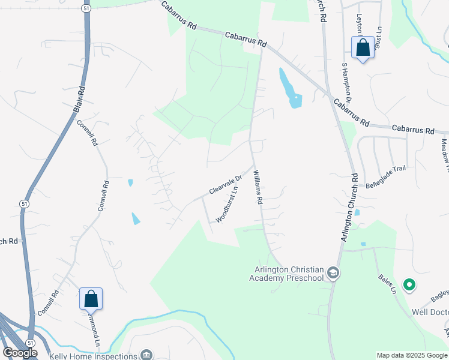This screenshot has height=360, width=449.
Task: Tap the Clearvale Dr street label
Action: [224, 184]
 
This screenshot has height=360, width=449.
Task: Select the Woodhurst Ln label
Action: [227, 205]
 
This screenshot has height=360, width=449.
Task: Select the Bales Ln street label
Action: [387, 284]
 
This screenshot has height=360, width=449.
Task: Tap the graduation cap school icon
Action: [333, 274]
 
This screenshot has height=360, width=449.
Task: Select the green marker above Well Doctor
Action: [409, 285]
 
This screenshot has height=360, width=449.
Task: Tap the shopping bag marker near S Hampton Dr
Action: [363, 47]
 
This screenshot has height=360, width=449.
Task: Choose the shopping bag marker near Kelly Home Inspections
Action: [91, 298]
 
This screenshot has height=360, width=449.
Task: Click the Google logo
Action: [20, 353]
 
